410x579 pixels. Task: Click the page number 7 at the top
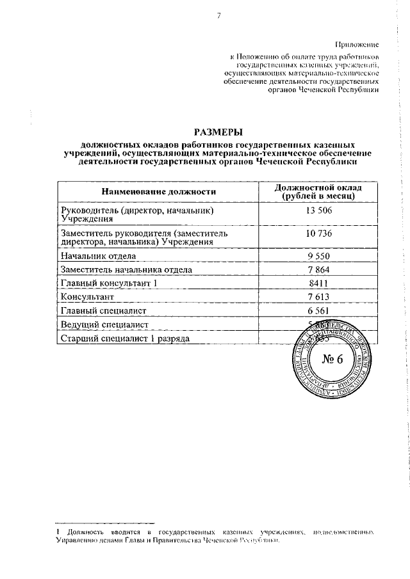pos(218,17)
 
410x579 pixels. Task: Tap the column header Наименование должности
pos(157,191)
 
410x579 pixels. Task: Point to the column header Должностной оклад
pos(318,187)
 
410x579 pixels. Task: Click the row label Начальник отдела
pos(98,256)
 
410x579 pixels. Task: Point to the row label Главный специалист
pos(104,310)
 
